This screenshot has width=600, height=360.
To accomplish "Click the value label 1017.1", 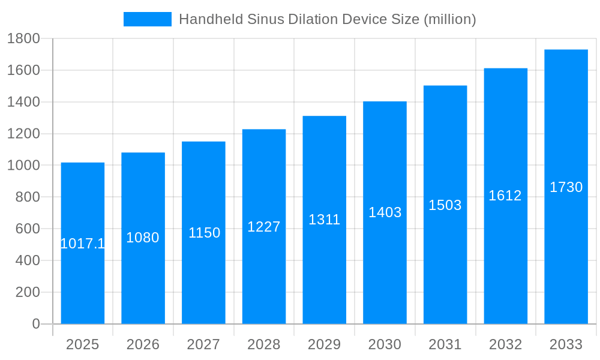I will coord(83,244).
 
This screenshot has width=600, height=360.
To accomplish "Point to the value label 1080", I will coord(143,238).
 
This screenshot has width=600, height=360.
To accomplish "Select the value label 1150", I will coord(204,233).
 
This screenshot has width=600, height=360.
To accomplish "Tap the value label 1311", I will coord(325,220).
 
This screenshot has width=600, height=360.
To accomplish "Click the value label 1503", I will coord(445,205).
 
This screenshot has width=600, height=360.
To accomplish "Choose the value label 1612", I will coord(505,196).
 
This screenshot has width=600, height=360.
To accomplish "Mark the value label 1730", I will coord(566,187).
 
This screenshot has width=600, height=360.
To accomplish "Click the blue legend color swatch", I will coord(148,19).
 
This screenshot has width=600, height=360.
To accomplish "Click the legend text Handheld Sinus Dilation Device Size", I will coord(328,19).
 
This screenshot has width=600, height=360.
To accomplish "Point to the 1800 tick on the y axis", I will coord(23,39).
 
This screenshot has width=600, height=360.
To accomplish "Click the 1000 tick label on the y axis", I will coord(23,166).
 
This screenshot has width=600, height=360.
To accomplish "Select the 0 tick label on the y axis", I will coord(35,324).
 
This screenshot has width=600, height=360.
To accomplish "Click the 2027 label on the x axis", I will coord(203,344).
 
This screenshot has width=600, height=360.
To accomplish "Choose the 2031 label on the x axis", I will coord(445,344).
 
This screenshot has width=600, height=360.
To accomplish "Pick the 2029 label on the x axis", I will coord(324,344).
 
